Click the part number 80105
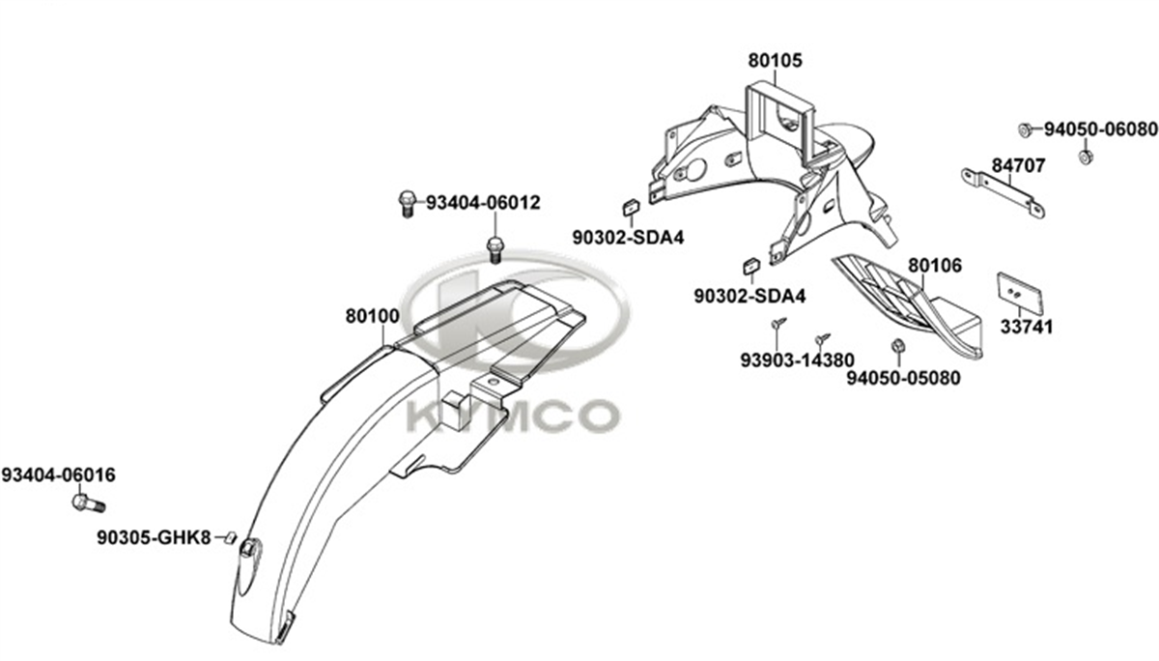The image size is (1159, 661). click(x=775, y=61)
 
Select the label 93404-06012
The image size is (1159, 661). click(x=483, y=202)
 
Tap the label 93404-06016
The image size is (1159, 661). click(x=59, y=474)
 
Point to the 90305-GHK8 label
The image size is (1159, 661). click(x=154, y=538)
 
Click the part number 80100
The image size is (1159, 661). click(x=373, y=316)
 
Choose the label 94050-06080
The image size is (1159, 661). click(x=1100, y=129)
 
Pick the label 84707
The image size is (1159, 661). click(x=1018, y=165)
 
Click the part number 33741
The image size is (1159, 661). click(x=1027, y=328)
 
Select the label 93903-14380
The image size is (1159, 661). click(x=798, y=360)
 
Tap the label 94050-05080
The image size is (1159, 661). click(x=903, y=378)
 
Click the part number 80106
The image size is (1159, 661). click(x=935, y=266)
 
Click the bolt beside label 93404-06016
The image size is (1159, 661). click(x=89, y=503)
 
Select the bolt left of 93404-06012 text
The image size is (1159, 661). click(x=408, y=203)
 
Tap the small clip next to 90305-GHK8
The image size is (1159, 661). click(x=231, y=538)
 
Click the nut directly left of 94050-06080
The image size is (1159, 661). click(x=1024, y=129)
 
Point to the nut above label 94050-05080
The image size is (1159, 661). click(x=897, y=346)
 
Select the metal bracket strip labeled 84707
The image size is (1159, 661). click(x=1003, y=193)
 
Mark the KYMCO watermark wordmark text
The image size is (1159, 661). click(x=512, y=416)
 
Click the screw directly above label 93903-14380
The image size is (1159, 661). click(x=778, y=323)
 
